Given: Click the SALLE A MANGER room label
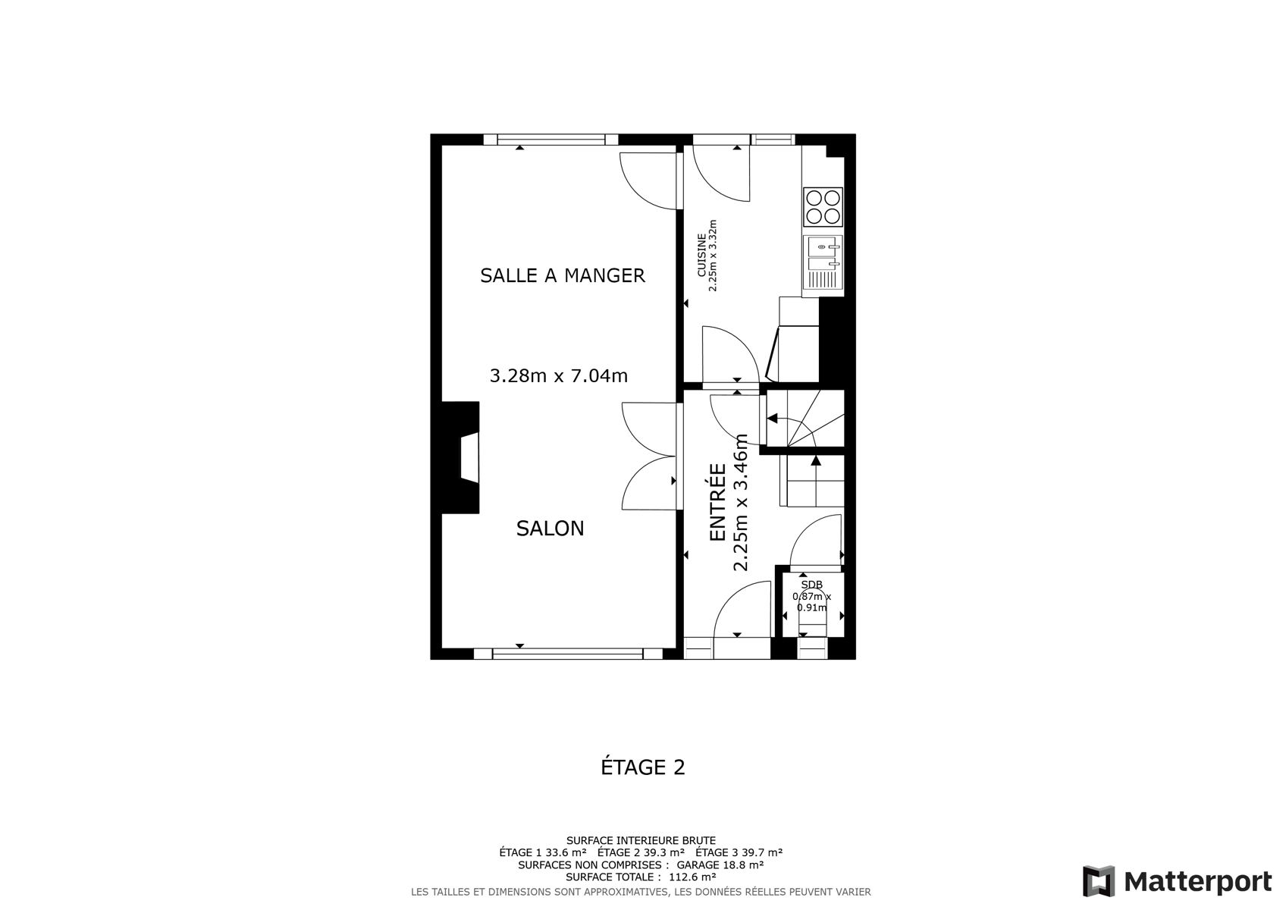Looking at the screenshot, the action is tap(563, 275).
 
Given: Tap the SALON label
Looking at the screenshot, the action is tap(550, 529).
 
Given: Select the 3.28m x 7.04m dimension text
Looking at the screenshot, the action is tap(559, 375).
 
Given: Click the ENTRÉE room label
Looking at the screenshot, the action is tap(717, 502).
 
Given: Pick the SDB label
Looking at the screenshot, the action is tap(812, 585).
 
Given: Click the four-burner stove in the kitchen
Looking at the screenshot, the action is tap(823, 207).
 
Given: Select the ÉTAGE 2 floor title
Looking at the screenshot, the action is tap(643, 767).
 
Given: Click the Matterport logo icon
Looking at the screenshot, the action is tap(1098, 881).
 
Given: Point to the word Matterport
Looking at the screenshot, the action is tap(1197, 882).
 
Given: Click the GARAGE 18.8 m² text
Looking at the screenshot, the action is tap(720, 864).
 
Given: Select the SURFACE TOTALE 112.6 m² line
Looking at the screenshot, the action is tap(641, 877).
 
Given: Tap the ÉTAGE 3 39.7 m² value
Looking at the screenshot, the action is tap(739, 852).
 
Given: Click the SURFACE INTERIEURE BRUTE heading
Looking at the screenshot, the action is tap(641, 840).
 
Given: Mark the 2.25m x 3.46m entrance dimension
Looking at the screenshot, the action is tap(741, 502).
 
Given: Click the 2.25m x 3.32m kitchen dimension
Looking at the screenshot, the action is tap(713, 255).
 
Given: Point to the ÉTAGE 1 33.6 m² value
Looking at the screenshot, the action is tap(543, 852).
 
